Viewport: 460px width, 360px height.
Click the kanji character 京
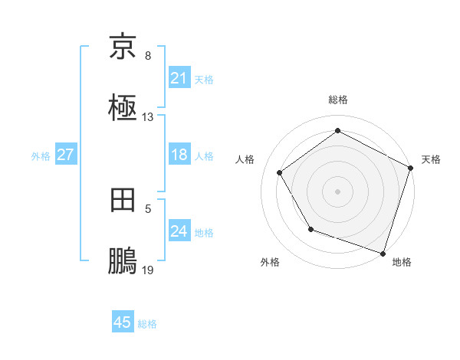(x=123, y=47)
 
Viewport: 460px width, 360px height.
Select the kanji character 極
(x=123, y=109)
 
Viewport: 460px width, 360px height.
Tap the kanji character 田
(x=123, y=201)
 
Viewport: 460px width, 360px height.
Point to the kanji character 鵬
(x=123, y=262)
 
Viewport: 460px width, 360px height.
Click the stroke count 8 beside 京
(x=148, y=56)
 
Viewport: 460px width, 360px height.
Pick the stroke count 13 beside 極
(x=148, y=117)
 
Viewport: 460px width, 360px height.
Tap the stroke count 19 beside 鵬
(x=148, y=270)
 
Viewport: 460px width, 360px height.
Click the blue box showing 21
(x=179, y=78)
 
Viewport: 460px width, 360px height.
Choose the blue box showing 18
(x=179, y=155)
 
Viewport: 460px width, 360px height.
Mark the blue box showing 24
(x=179, y=231)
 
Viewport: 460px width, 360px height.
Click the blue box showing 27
(x=65, y=155)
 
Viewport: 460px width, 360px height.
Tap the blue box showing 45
(x=123, y=322)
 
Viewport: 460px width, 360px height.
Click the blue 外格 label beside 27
(x=41, y=155)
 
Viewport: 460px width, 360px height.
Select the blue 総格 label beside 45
(x=147, y=324)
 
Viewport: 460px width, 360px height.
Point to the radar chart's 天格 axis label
(x=432, y=159)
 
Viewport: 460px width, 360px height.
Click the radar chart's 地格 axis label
(x=402, y=262)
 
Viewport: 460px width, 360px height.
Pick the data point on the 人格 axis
(x=280, y=173)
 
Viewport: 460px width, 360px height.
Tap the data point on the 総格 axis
(x=337, y=130)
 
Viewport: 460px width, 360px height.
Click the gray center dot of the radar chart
(x=337, y=191)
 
